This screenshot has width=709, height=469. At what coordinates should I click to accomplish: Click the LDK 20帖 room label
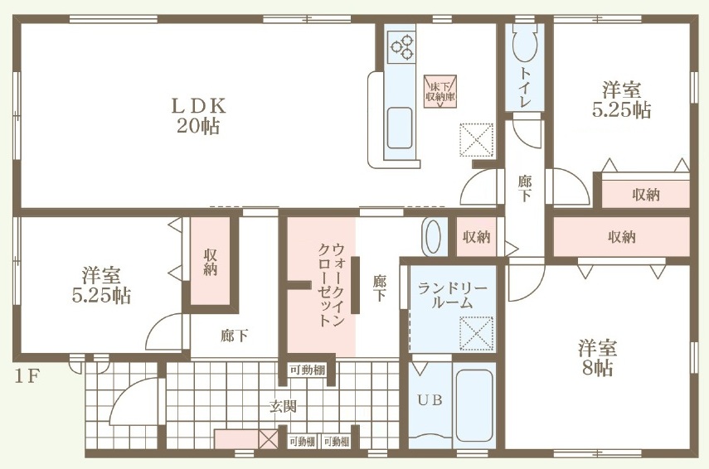tap(198, 116)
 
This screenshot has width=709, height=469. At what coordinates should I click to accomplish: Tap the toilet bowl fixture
tap(525, 43)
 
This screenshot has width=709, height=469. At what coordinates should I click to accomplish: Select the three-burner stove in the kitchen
tap(402, 46)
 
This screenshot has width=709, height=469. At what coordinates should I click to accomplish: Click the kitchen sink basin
tap(400, 128)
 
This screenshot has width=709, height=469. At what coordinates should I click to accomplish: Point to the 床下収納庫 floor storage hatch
tap(440, 91)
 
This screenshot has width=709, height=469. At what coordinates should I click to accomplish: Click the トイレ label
tap(525, 87)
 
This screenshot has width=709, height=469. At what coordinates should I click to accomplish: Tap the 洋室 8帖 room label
tap(597, 358)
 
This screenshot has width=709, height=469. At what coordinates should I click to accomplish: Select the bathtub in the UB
tap(473, 405)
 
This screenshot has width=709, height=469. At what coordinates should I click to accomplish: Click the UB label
tap(430, 400)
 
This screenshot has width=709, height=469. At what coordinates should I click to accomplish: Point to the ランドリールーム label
tap(452, 296)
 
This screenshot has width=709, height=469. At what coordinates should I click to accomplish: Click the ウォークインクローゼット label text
tap(332, 285)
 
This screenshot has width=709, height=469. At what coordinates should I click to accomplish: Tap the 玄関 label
tap(283, 407)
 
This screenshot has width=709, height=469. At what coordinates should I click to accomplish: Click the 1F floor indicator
tap(27, 375)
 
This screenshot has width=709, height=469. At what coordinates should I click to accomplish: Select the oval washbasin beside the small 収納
tap(434, 236)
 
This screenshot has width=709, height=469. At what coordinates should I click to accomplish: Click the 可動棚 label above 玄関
tap(308, 370)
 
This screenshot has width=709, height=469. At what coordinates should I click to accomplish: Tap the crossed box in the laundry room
tap(476, 333)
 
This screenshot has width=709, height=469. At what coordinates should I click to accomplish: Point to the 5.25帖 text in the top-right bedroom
tap(622, 110)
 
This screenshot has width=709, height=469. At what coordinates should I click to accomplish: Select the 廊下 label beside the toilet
tap(525, 188)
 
